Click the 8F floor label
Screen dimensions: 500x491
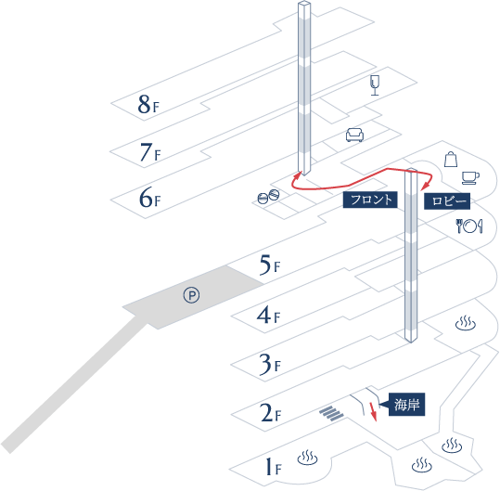click(148, 104)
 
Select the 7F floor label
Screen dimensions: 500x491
click(150, 152)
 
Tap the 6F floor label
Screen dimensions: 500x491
click(149, 198)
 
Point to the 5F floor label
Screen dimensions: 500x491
click(270, 265)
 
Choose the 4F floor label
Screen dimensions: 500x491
click(268, 316)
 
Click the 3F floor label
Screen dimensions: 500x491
click(270, 364)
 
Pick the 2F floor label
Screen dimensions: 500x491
click(271, 413)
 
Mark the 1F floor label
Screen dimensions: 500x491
click(274, 467)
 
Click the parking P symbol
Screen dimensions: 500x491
click(192, 295)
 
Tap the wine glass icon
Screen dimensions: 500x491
click(375, 85)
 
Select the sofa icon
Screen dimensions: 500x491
click(354, 135)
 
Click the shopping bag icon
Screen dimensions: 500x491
click(451, 160)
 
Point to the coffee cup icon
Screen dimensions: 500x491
click(470, 177)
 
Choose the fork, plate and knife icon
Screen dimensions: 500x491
click(469, 226)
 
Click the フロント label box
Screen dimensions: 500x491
click(370, 200)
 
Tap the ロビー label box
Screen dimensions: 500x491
click(447, 201)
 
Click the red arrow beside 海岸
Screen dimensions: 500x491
click(373, 412)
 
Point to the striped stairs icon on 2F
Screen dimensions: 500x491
click(331, 413)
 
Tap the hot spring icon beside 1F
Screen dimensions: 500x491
click(307, 458)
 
